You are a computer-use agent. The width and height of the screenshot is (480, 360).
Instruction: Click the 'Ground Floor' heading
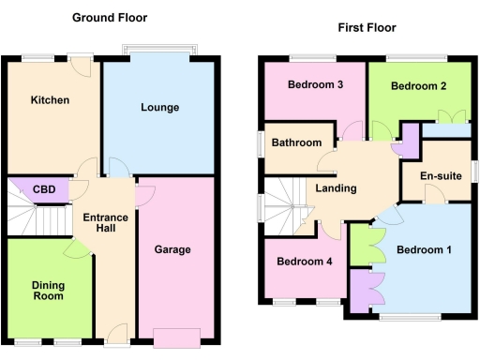[110, 18]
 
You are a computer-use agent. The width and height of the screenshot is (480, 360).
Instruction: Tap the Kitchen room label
[50, 99]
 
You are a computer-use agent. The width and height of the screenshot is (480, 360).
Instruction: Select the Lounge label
[159, 108]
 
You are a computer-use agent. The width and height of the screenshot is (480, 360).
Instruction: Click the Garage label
[172, 249]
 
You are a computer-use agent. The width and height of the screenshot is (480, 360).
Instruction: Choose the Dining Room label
[48, 290]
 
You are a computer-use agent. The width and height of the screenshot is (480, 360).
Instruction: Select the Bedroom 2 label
[417, 86]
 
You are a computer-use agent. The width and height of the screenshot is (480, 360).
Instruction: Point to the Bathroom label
[296, 142]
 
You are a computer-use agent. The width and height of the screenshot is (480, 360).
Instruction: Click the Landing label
[336, 188]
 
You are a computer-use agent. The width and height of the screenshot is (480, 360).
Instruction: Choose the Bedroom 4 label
[305, 262]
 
